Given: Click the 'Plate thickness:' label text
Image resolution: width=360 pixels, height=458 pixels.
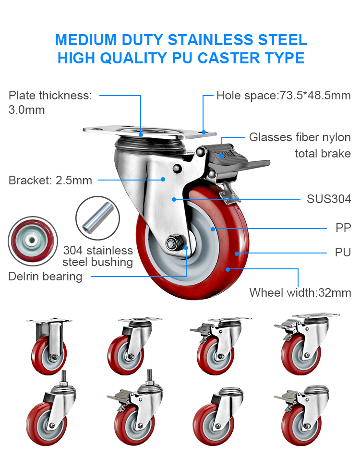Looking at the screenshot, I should coord(50,95).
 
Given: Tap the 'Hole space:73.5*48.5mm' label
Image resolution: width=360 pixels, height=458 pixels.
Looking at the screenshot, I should coord(283,95).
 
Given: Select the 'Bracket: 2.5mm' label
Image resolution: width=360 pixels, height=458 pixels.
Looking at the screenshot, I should coord(50,181).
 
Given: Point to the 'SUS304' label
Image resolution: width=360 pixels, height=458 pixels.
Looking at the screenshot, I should coord(329,199).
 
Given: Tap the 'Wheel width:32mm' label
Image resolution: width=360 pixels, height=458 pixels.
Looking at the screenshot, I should coord(300,292).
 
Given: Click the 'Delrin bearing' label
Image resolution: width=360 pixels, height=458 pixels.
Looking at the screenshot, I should coord(45,277).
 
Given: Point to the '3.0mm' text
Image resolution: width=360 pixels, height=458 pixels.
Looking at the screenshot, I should coord(27,110).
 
